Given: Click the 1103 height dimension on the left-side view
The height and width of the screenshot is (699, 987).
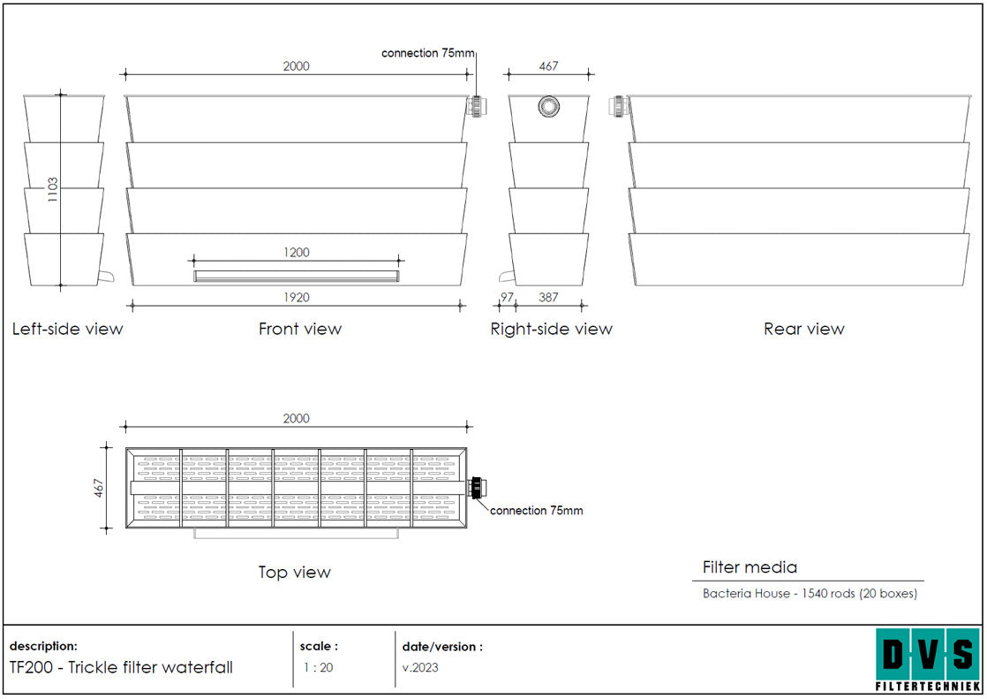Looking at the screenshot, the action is click(53, 189).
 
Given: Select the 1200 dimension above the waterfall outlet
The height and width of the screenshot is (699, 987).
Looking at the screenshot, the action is click(296, 253).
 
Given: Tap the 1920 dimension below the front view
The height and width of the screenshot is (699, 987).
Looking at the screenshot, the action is click(296, 298).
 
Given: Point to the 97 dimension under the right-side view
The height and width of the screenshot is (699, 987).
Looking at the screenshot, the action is click(507, 297).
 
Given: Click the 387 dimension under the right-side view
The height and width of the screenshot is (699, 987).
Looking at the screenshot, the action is click(548, 297).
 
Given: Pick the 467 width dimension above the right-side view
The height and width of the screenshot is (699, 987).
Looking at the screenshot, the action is click(548, 65).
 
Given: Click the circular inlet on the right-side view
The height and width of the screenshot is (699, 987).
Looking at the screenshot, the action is click(549, 106).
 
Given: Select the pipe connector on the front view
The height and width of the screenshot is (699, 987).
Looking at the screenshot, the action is click(477, 106).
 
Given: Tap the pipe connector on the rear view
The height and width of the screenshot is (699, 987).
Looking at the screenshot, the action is click(619, 106).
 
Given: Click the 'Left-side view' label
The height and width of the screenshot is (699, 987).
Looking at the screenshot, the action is click(67, 329).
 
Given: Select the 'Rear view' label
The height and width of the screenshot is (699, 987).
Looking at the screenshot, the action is click(804, 329).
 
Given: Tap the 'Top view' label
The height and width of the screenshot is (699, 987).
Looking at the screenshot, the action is click(294, 573).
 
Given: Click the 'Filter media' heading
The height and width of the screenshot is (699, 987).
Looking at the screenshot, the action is click(750, 567).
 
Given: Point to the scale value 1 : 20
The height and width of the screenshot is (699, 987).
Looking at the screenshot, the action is click(319, 667).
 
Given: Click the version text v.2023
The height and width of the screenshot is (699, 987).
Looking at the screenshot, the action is click(420, 667).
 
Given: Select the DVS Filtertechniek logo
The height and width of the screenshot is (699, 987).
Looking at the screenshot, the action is click(928, 659).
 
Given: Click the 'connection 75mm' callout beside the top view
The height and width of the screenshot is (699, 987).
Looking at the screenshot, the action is click(536, 511).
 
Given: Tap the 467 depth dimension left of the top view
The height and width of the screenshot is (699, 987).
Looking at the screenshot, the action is click(99, 489).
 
